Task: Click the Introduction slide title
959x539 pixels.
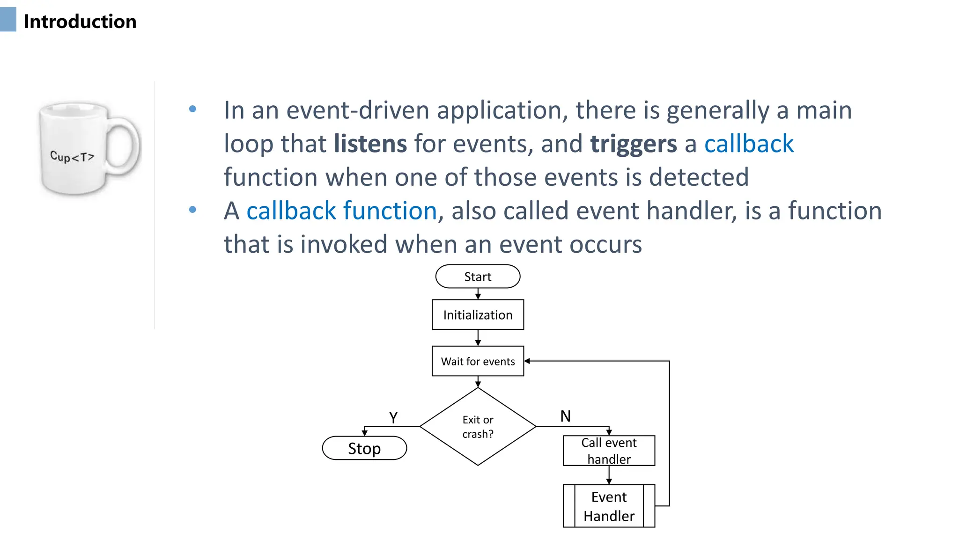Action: [80, 22]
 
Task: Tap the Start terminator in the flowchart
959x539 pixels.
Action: [478, 277]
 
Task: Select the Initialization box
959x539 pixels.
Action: [478, 315]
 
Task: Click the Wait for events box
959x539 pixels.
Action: [478, 361]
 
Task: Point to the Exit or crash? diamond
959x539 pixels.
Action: [478, 427]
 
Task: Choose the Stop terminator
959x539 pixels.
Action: [364, 448]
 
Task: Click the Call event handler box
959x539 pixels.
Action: [609, 451]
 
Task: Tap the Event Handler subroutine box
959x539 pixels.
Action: [609, 506]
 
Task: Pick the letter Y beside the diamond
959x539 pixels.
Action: [393, 417]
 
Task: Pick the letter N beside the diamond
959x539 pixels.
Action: [565, 416]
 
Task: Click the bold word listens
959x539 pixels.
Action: [370, 144]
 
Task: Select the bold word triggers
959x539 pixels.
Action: [633, 144]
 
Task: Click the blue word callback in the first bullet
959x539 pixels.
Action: [749, 144]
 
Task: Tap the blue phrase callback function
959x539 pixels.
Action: [341, 211]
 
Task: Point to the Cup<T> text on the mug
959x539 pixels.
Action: [72, 156]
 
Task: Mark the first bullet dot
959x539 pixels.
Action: [192, 109]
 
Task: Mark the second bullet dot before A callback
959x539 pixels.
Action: [192, 210]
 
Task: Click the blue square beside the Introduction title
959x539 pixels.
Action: [8, 20]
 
